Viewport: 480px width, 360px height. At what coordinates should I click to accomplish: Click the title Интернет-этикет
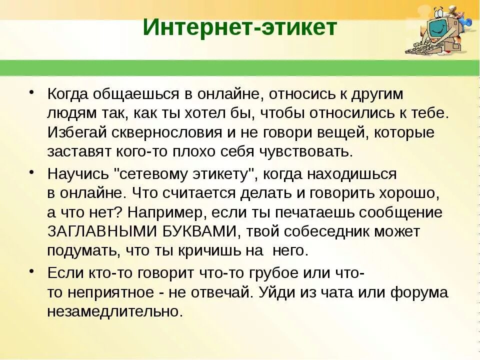[240, 28]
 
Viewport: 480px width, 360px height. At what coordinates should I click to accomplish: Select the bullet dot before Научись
[31, 172]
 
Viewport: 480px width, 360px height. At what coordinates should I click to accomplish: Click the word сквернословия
[157, 132]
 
